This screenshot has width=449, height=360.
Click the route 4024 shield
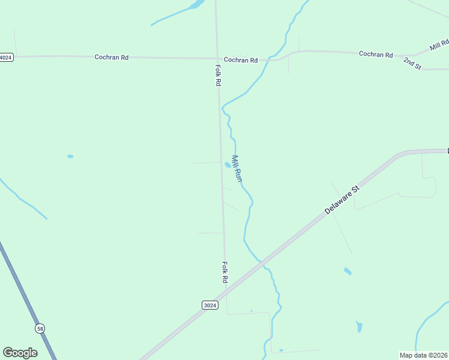click(5, 58)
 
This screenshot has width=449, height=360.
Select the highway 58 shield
click(40, 328)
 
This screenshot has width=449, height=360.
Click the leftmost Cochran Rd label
click(112, 58)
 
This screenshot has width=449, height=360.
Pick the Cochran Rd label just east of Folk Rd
click(241, 60)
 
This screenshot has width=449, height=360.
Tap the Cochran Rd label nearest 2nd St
click(376, 54)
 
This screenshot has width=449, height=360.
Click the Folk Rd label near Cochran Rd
click(218, 75)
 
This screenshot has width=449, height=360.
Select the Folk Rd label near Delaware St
click(224, 272)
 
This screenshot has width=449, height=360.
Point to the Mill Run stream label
click(237, 169)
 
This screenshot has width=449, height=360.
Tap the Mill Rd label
click(439, 45)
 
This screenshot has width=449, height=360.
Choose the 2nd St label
click(412, 64)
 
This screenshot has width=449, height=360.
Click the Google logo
click(20, 353)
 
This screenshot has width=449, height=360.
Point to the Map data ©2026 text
click(424, 355)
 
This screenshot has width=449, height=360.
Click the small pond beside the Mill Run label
click(227, 165)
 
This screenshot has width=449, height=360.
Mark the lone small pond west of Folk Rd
click(70, 157)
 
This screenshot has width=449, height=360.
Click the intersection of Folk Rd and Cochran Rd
click(217, 59)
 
